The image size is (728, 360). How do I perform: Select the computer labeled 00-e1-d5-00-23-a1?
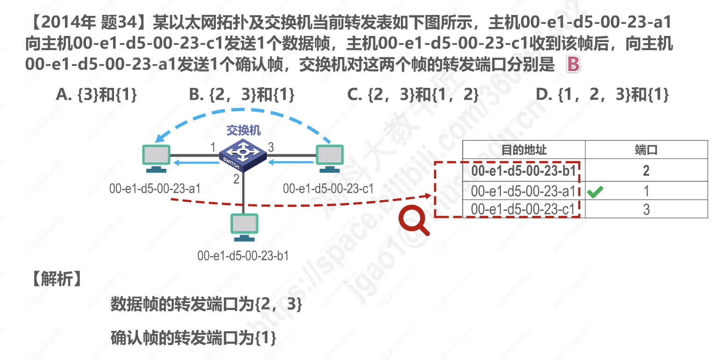click(x=156, y=158)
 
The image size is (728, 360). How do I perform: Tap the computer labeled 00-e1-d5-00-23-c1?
click(x=329, y=158)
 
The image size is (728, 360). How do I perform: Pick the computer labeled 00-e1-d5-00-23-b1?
click(x=244, y=227)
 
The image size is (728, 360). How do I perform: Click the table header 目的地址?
click(x=524, y=150)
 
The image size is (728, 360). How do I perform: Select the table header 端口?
click(x=646, y=150)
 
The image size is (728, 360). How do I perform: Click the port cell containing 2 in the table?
click(x=646, y=171)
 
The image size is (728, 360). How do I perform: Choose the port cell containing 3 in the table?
click(x=646, y=209)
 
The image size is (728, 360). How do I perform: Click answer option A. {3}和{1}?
click(x=96, y=95)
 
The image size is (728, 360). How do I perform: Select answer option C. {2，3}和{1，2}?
click(x=413, y=95)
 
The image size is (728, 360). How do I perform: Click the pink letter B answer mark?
click(x=573, y=65)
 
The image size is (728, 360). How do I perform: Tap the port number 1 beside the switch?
click(x=213, y=148)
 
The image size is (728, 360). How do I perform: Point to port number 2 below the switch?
click(x=236, y=179)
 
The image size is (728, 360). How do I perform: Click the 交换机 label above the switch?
click(x=243, y=130)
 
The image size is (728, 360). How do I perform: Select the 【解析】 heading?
click(x=56, y=279)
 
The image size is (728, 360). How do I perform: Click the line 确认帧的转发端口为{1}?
click(x=193, y=338)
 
